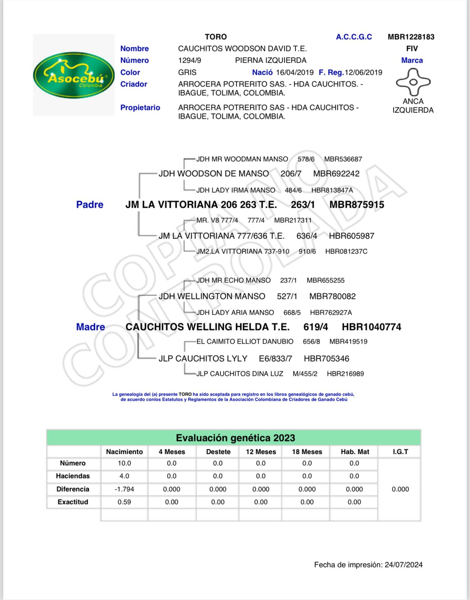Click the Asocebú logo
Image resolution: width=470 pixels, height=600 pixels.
(x=74, y=75)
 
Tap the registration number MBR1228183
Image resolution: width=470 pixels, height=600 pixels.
(x=411, y=37)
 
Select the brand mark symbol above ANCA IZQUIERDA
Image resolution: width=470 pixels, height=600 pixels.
(x=413, y=82)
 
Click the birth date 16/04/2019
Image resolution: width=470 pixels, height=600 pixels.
(x=295, y=72)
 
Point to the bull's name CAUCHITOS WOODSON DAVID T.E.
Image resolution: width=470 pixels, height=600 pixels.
(x=242, y=48)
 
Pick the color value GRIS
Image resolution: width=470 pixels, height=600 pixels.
(x=187, y=72)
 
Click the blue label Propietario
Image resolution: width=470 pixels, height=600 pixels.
(x=140, y=108)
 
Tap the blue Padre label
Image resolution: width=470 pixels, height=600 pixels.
(x=90, y=204)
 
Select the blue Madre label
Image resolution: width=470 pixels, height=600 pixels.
(x=90, y=327)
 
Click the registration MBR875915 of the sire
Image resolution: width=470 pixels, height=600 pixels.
(x=356, y=205)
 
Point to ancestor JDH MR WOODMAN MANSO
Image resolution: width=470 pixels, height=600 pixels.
(x=242, y=159)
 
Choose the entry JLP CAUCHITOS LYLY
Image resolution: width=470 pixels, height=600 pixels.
(x=203, y=358)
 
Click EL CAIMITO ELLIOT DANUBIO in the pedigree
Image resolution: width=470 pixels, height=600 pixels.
(x=245, y=342)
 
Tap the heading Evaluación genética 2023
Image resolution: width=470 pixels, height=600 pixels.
(x=235, y=438)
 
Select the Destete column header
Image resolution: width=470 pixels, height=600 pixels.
(x=218, y=452)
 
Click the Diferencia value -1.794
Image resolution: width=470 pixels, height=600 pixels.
(x=124, y=489)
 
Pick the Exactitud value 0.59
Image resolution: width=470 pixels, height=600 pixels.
(x=124, y=502)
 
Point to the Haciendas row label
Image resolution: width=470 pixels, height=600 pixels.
(x=73, y=476)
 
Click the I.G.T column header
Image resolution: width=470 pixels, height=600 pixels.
(x=400, y=452)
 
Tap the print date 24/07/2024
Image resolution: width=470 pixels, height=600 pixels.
(x=403, y=565)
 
